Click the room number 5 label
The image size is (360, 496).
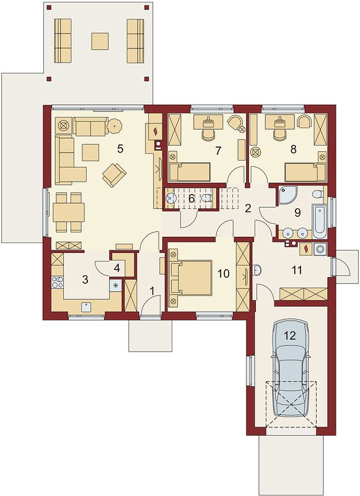(x=120, y=149)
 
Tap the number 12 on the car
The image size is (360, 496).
(x=289, y=335)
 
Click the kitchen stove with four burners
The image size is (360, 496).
(x=57, y=282)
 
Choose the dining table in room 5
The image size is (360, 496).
(x=69, y=212)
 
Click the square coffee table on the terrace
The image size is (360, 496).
(x=100, y=41)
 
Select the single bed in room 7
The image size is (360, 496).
(x=190, y=172)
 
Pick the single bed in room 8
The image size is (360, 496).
(x=305, y=172)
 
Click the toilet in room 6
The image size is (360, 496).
(x=206, y=198)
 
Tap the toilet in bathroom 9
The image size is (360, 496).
(x=317, y=193)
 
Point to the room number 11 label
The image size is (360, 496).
(x=297, y=270)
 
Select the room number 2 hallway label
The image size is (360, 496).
(x=248, y=208)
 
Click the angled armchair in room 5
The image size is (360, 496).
(x=114, y=174)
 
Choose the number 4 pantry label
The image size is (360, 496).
(x=117, y=268)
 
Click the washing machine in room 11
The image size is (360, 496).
(x=320, y=249)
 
